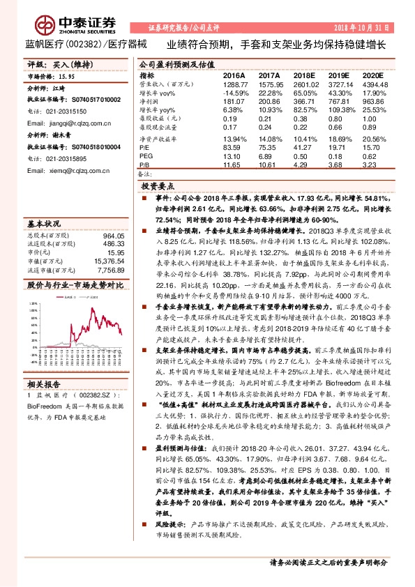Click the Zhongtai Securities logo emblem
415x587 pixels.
click(x=46, y=26)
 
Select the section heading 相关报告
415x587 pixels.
click(x=43, y=364)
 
